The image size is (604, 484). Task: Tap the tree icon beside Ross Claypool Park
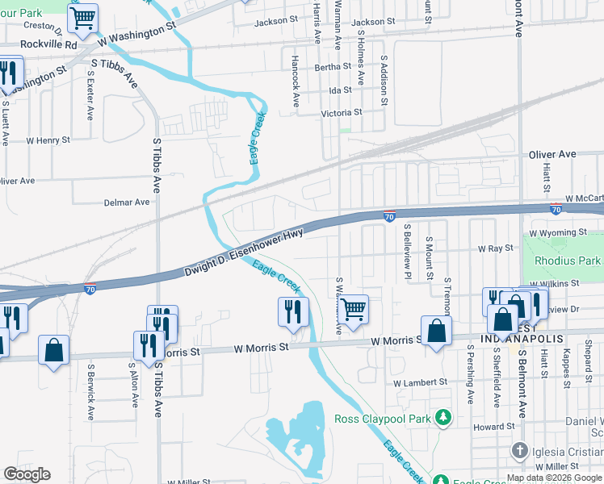pos(442,417)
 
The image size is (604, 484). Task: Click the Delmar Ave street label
pos(127,202)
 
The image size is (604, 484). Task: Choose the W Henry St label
pos(48,140)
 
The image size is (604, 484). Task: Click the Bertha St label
pos(333,67)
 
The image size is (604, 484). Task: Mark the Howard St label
pos(494,426)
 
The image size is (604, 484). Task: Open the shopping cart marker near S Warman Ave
pos(353,308)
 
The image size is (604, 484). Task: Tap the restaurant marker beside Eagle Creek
pos(293,311)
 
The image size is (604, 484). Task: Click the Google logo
pos(27,474)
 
